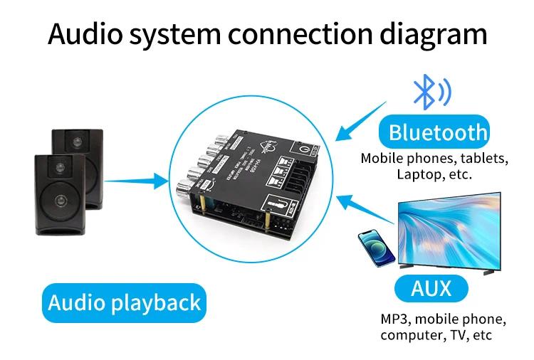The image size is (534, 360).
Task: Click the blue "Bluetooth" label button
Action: [437, 132]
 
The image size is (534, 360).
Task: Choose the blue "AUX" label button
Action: [431, 288]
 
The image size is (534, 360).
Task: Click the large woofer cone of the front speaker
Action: [60, 200]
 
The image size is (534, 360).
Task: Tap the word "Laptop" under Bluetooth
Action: [414, 174]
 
